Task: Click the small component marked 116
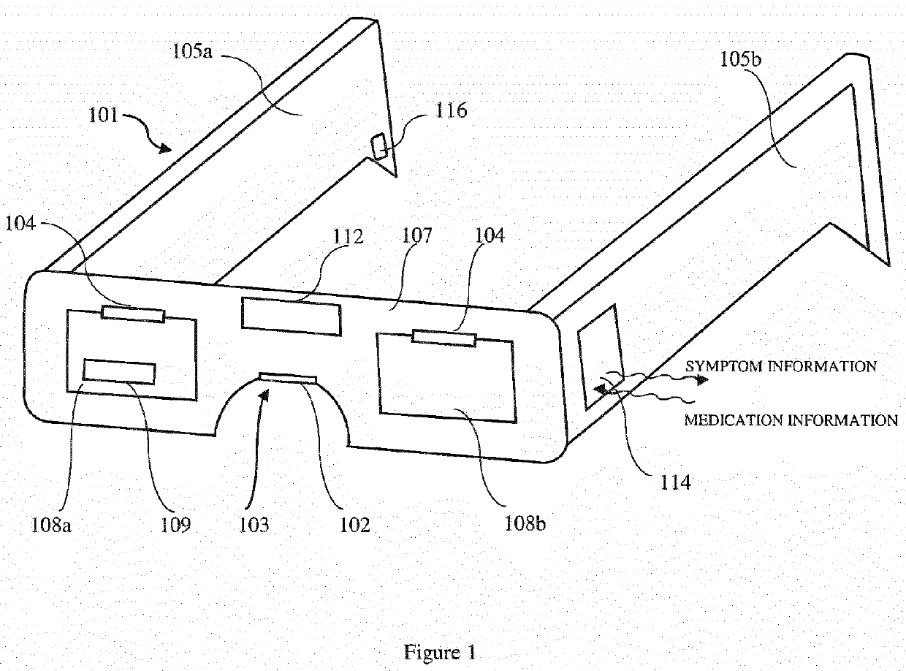click(381, 145)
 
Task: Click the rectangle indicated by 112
click(291, 317)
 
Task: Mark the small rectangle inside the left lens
click(119, 371)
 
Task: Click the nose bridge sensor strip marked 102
click(288, 377)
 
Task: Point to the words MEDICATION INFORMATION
click(791, 420)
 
